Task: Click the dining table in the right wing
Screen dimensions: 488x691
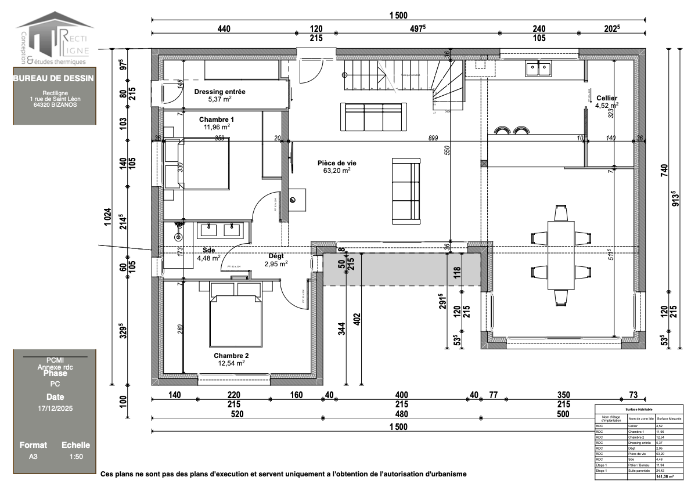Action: pos(560,255)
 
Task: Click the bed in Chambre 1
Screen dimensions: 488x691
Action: pos(197,164)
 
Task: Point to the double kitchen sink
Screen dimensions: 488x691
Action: pos(538,69)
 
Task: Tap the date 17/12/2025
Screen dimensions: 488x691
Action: pos(55,409)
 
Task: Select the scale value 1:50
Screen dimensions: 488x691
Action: pos(75,457)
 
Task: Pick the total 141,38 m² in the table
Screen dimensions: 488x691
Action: pos(664,476)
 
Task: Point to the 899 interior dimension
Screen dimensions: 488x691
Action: pos(433,138)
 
